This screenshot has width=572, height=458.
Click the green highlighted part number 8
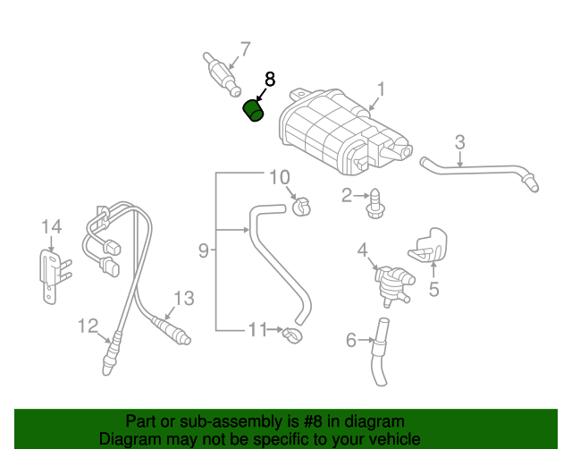(x=255, y=113)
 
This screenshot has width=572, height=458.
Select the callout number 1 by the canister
(x=381, y=89)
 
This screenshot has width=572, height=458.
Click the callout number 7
(x=244, y=49)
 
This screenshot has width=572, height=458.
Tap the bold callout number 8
(x=270, y=80)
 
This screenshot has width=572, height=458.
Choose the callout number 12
(x=87, y=326)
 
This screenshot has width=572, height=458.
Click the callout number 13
(x=183, y=298)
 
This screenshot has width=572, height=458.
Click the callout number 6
(x=350, y=340)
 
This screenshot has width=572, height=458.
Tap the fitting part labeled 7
(x=223, y=75)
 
